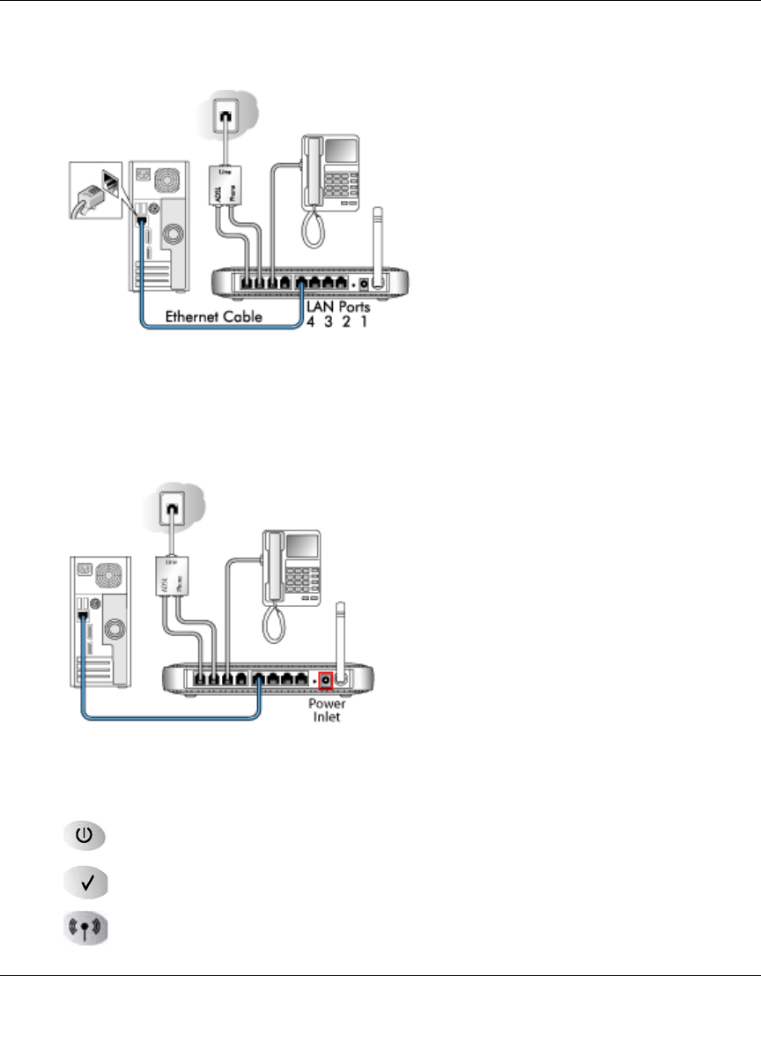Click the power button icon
pos(84,834)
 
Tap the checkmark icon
pos(84,882)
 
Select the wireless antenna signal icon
pos(84,929)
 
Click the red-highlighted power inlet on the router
pos(326,680)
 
